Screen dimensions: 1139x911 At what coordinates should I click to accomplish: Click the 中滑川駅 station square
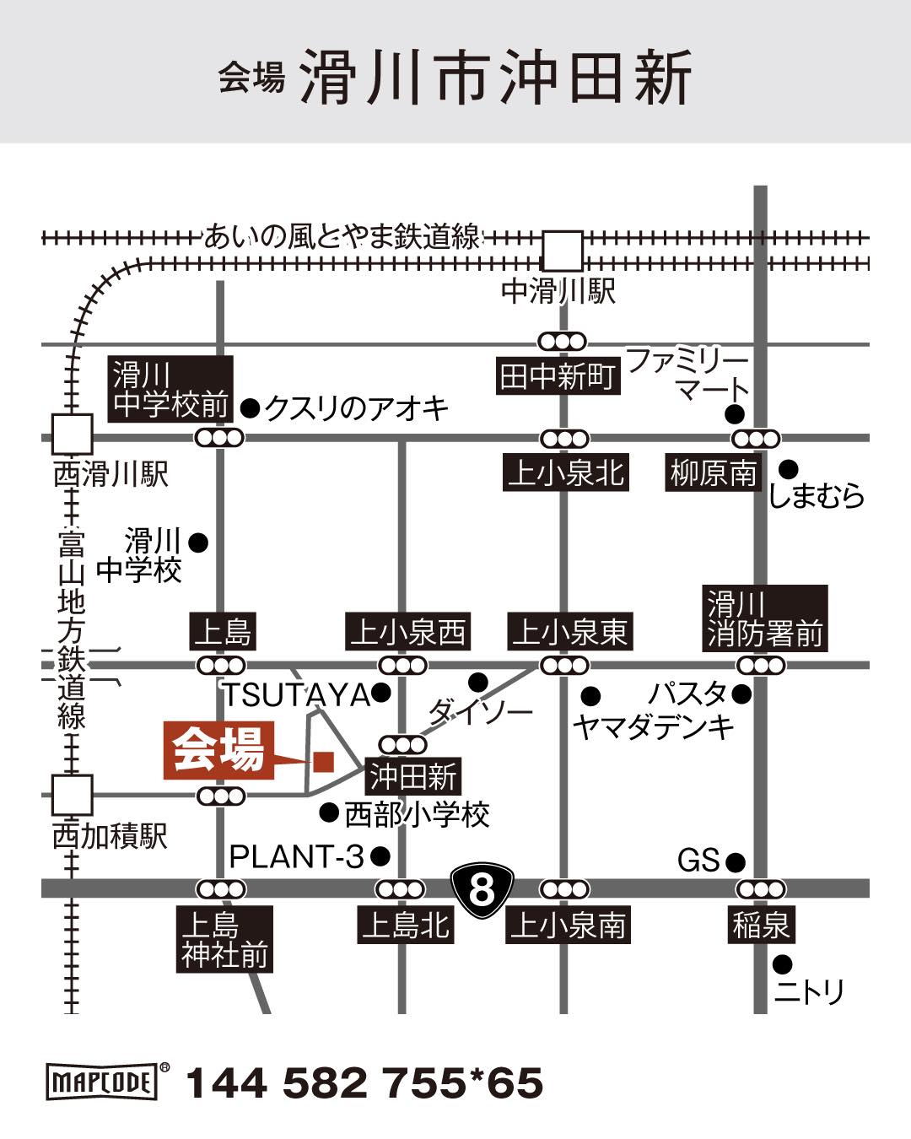(x=562, y=251)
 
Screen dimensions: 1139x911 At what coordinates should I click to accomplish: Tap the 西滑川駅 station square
(x=72, y=435)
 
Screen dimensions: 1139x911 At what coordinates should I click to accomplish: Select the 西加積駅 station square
(x=72, y=796)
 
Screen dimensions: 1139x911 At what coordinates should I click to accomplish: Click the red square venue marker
(x=323, y=762)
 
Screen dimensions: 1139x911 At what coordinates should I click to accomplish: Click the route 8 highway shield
(x=481, y=888)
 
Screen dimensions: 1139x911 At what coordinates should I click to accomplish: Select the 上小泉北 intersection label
(x=565, y=472)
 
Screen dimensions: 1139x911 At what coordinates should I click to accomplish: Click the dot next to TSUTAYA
(x=381, y=694)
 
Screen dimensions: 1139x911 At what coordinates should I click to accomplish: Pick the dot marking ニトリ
(x=782, y=963)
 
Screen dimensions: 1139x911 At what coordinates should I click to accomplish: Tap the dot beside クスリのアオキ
(x=250, y=408)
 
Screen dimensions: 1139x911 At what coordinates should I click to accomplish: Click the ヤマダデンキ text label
(x=653, y=727)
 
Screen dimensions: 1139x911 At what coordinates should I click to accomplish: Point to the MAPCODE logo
(x=103, y=1082)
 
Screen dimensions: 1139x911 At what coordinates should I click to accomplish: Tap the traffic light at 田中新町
(x=562, y=342)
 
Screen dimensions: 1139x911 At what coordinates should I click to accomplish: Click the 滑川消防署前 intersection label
(x=765, y=619)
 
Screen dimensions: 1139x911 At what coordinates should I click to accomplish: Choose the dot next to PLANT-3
(x=380, y=857)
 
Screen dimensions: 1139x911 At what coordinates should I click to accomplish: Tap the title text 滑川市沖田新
(x=496, y=77)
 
